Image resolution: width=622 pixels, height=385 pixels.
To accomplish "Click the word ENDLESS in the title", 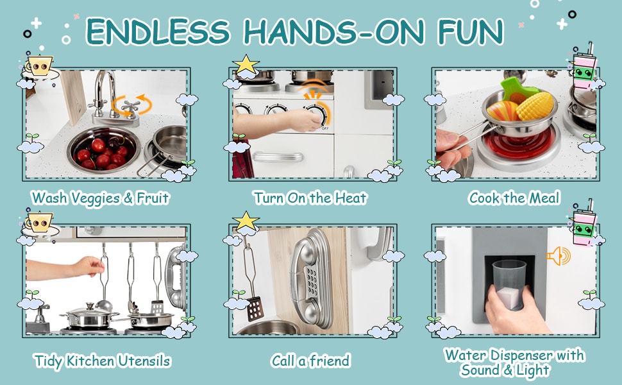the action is [x=158, y=31].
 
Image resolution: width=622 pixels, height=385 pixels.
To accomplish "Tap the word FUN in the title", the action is [x=471, y=31].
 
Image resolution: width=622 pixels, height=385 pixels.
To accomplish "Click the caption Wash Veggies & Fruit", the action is [x=101, y=198].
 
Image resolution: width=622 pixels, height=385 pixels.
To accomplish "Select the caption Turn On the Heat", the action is [x=310, y=198].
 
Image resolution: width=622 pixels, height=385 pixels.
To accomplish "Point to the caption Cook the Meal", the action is [x=514, y=198].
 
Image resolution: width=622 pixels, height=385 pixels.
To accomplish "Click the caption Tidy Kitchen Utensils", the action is [x=103, y=361].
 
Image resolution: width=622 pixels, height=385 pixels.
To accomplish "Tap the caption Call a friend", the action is [x=310, y=361].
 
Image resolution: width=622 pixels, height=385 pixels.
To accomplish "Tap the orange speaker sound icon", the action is [x=559, y=256].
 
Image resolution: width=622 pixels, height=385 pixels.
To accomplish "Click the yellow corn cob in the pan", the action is [x=534, y=106].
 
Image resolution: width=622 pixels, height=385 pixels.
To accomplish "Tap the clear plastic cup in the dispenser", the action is [x=509, y=284].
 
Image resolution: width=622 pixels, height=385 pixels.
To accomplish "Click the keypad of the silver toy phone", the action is [x=312, y=282].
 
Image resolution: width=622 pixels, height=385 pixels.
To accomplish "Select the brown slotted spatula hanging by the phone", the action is [x=255, y=309].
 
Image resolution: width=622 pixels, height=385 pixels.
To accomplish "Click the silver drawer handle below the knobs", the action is [x=277, y=157].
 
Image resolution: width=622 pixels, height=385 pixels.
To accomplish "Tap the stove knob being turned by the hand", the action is [x=317, y=114].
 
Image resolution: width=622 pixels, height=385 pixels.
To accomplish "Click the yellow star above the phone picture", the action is [x=246, y=221].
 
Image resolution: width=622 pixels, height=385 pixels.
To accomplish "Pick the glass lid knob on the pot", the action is [x=90, y=306].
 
